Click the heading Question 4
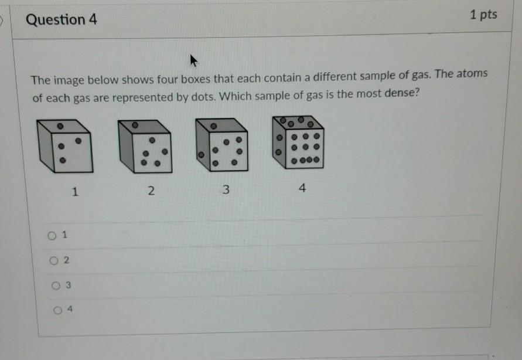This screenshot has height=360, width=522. click(62, 19)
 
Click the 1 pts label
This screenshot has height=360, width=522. click(483, 15)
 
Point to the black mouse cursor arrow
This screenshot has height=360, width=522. click(193, 60)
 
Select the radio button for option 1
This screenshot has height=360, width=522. click(52, 236)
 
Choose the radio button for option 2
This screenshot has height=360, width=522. click(54, 260)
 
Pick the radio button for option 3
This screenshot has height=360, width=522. click(56, 286)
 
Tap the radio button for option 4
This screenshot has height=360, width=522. click(57, 310)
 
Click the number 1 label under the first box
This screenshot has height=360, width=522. click(75, 192)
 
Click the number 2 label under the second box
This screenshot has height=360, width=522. click(151, 191)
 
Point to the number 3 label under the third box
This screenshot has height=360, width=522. click(226, 189)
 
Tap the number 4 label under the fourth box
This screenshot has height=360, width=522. click(302, 188)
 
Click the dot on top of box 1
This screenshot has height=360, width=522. click(60, 126)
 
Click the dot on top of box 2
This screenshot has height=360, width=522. click(135, 125)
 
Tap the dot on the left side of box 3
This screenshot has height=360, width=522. click(201, 155)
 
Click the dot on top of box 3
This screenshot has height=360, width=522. click(214, 126)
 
